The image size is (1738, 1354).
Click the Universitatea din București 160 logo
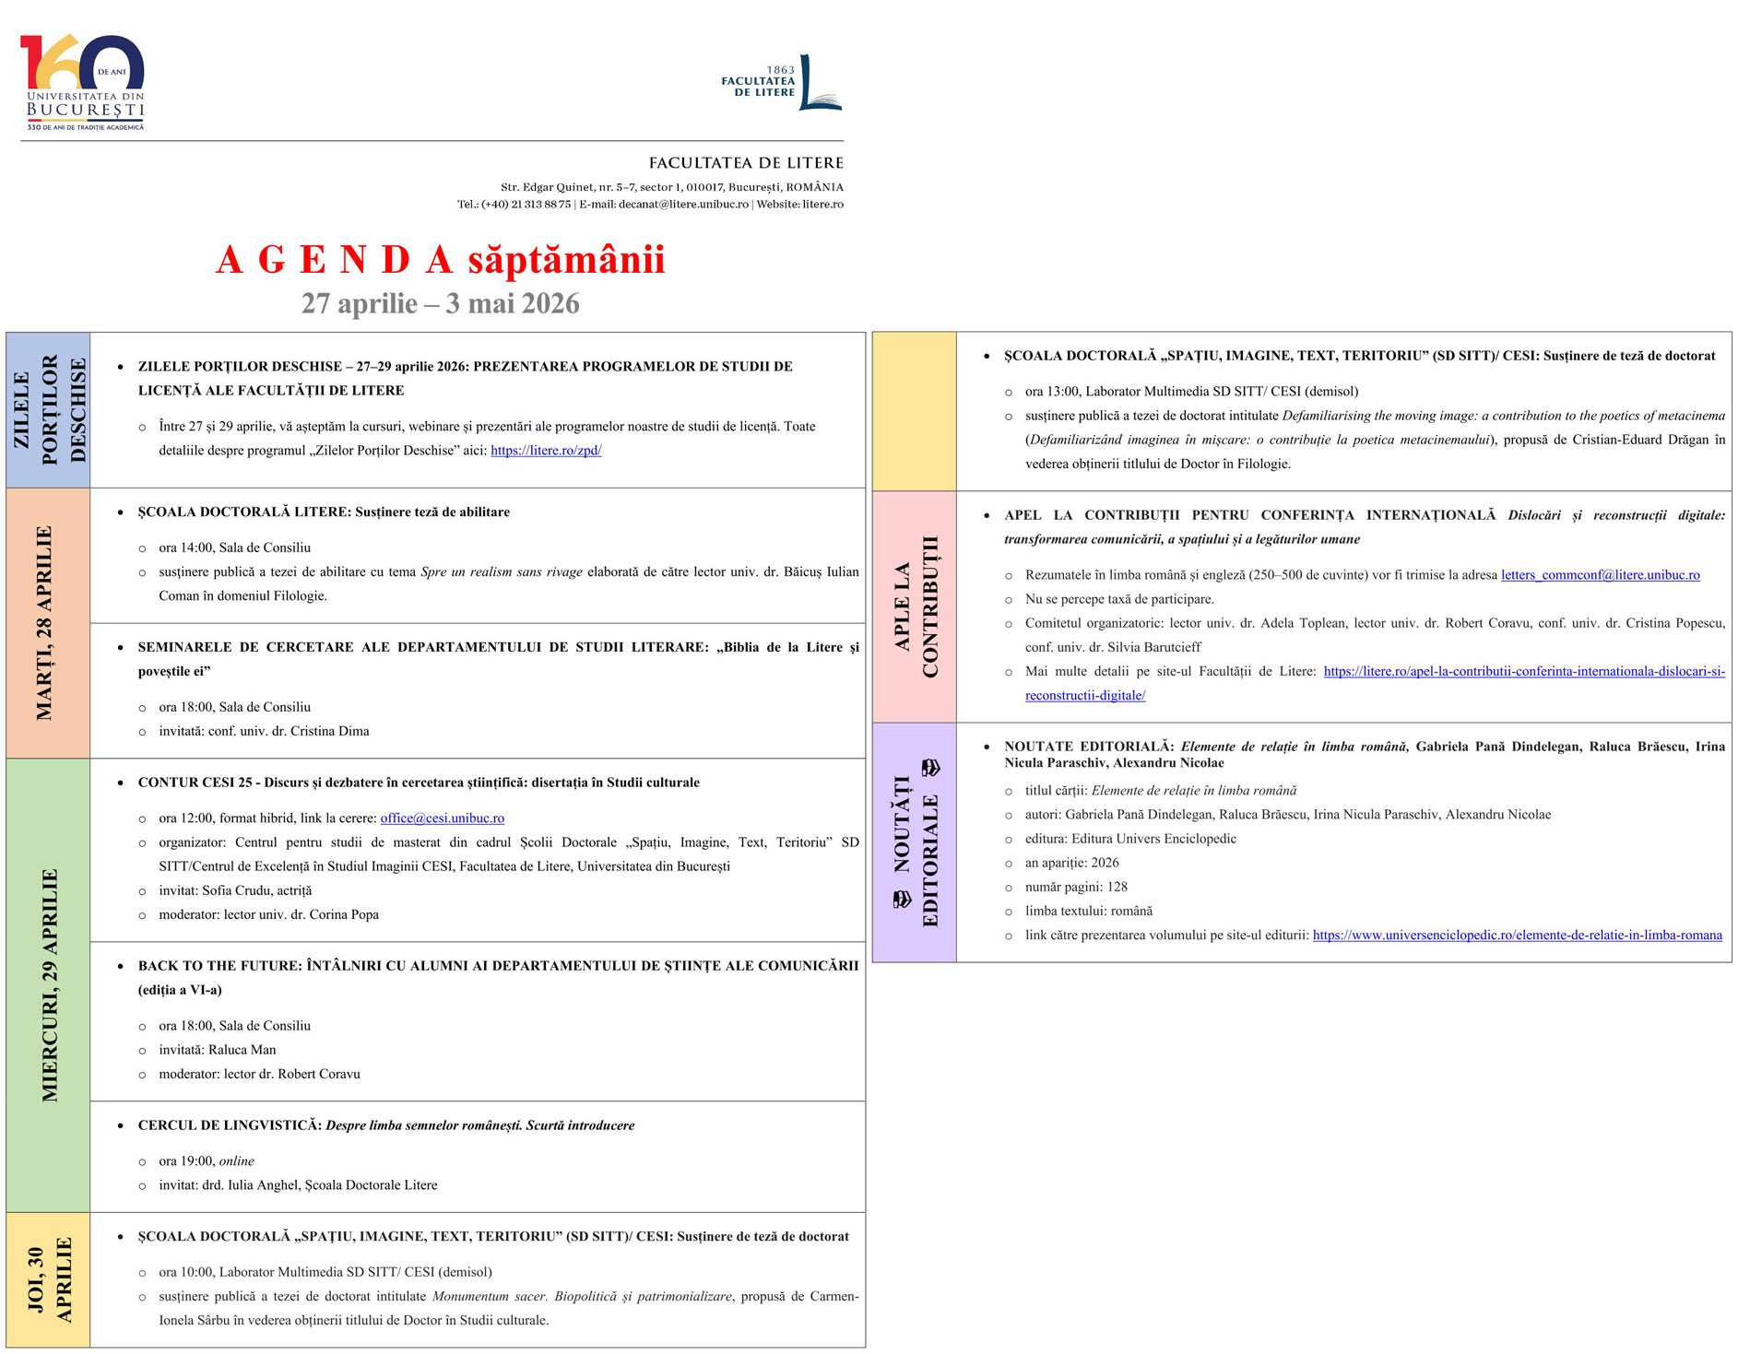[83, 83]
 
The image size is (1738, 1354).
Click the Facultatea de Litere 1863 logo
[782, 82]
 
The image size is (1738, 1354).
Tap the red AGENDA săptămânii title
[440, 260]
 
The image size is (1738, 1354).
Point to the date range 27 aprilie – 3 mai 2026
[440, 304]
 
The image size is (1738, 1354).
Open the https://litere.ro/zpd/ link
[546, 451]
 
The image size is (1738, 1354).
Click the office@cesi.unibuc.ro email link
[442, 818]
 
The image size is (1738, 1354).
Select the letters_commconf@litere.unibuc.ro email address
[1600, 575]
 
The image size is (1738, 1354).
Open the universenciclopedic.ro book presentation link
[1517, 936]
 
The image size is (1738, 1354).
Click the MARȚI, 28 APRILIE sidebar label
[45, 623]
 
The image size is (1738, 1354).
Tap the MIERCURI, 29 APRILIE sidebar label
[49, 984]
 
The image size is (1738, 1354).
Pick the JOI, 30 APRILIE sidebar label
[49, 1279]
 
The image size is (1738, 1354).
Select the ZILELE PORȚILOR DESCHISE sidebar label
[49, 409]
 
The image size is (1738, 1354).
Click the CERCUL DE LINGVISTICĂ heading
[230, 1125]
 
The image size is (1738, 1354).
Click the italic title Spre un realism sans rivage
[501, 572]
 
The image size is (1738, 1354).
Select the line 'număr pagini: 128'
[1076, 888]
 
